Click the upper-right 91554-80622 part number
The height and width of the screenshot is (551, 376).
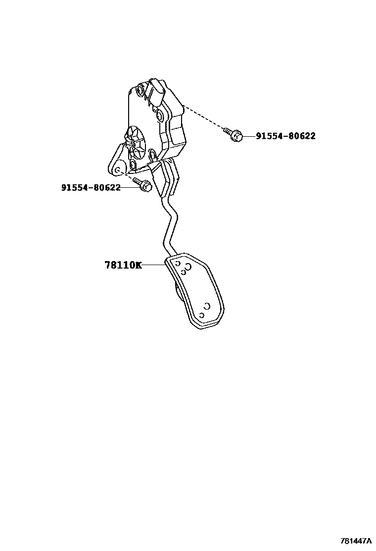[x=285, y=136]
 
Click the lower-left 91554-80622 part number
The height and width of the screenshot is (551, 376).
[x=91, y=187]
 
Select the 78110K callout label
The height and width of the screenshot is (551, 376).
[x=123, y=265]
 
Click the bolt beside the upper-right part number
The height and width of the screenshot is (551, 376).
[x=234, y=134]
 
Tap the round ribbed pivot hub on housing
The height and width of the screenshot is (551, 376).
[x=134, y=136]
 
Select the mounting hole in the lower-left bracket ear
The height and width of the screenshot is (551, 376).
[x=117, y=170]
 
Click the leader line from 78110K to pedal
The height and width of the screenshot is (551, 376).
[x=154, y=265]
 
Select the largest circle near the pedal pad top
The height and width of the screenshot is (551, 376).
[x=188, y=267]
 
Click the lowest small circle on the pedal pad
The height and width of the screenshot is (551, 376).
[x=201, y=315]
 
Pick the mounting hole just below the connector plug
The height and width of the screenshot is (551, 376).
[x=160, y=116]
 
